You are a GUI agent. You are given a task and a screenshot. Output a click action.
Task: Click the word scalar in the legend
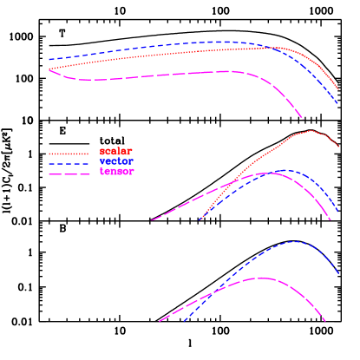click(x=116, y=151)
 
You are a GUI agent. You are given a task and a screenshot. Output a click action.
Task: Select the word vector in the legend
click(x=116, y=161)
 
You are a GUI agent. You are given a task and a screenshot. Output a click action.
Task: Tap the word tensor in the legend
click(x=116, y=172)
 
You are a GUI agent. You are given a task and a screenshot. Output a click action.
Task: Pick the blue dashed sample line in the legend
click(x=69, y=164)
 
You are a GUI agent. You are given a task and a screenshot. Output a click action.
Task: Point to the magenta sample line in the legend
click(x=69, y=174)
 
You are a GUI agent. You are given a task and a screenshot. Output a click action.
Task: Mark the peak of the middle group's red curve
click(x=310, y=131)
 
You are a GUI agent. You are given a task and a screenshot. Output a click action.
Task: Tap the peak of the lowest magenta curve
click(x=260, y=278)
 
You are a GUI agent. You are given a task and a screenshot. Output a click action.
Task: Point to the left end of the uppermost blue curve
click(x=49, y=60)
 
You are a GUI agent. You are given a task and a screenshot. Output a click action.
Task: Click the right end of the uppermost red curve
click(x=339, y=89)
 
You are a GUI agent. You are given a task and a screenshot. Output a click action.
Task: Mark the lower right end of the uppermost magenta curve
click(x=304, y=118)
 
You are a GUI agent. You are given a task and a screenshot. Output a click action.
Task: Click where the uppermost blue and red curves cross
click(x=271, y=48)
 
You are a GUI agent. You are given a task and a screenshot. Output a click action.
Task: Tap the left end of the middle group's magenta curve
click(x=153, y=219)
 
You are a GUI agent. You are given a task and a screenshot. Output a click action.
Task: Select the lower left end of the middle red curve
click(x=200, y=219)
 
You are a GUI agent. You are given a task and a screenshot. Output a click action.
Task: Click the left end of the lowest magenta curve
click(x=160, y=322)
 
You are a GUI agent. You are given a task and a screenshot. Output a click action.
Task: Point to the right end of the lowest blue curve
click(x=339, y=274)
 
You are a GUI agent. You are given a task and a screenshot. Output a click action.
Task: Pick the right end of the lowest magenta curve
click(x=325, y=322)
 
